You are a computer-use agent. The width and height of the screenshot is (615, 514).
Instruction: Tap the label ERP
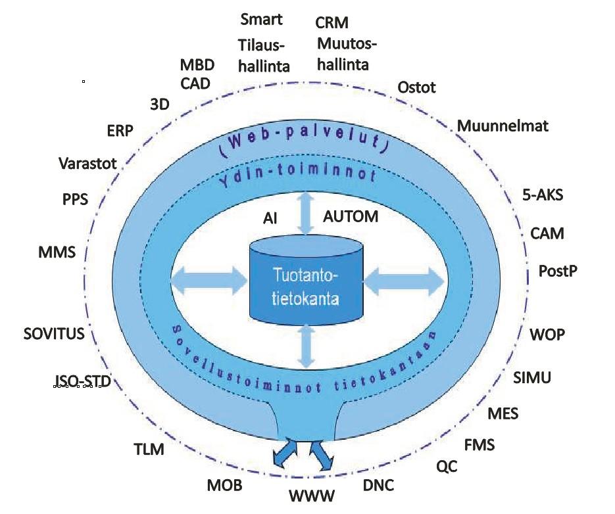coord(120,131)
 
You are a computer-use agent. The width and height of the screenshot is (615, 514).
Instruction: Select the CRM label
coord(332,24)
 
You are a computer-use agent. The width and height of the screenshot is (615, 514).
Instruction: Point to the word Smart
coord(261,19)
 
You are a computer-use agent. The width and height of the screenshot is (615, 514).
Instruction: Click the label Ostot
coord(417,87)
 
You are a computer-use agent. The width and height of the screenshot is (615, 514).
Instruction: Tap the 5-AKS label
coord(542,195)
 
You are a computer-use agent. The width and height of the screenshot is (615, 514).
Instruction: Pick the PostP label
coord(558,271)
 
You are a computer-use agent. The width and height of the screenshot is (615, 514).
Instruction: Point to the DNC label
coord(379,486)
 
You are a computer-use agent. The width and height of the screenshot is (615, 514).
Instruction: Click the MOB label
coord(225,486)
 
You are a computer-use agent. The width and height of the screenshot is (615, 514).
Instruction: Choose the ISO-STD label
coord(78,382)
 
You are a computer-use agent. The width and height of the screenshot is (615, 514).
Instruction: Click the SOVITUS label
coord(54,334)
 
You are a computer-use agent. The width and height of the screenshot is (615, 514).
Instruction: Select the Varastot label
coord(87,162)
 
